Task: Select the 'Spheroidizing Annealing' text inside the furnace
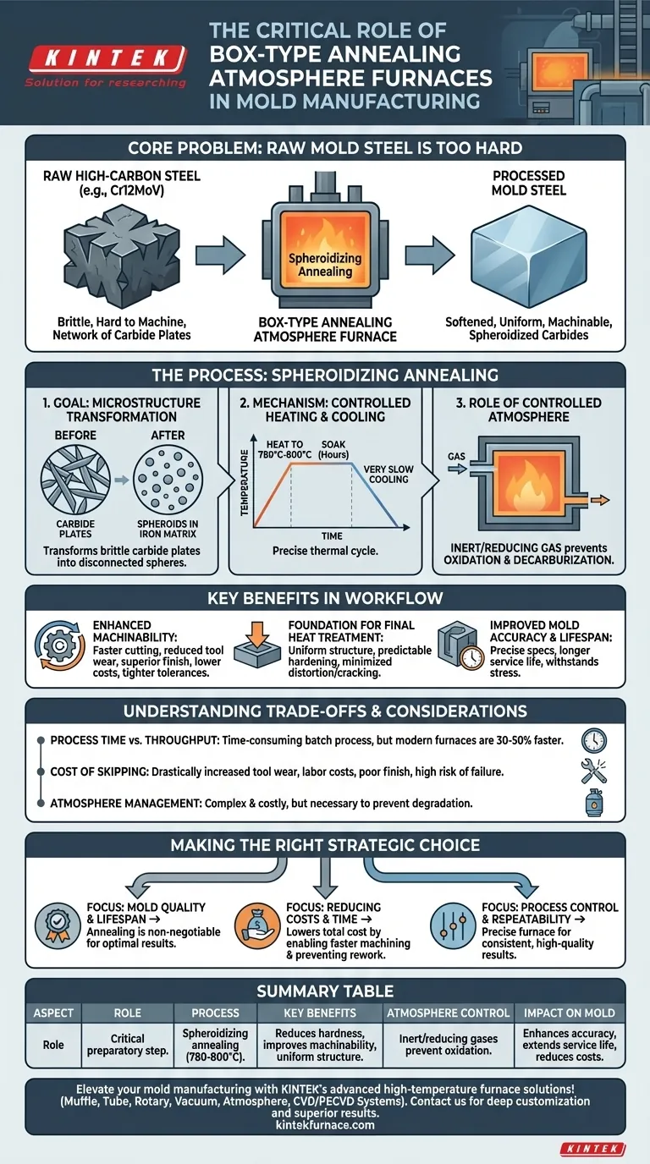point(325,264)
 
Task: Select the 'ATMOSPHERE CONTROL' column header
point(448,1013)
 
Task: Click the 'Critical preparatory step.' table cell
point(127,1045)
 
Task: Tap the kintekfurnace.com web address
point(325,1125)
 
